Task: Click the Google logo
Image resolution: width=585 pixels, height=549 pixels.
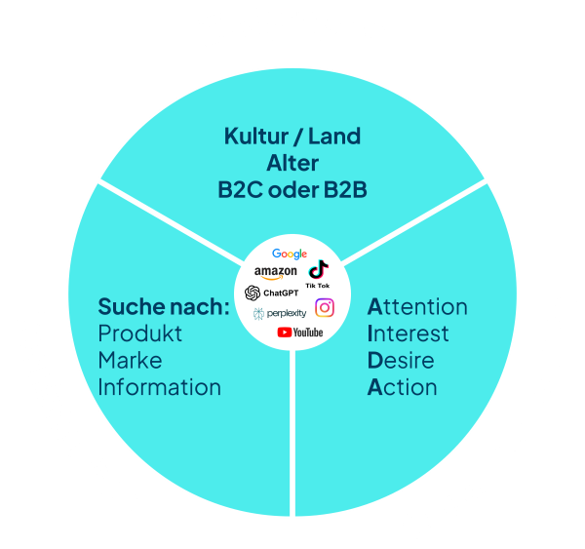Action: [290, 255]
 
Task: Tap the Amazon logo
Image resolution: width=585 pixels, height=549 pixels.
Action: [275, 272]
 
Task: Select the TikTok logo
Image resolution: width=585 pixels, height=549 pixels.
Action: [319, 272]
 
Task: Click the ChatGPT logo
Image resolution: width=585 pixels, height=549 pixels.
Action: [272, 293]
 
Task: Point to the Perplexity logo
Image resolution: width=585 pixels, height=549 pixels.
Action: [280, 313]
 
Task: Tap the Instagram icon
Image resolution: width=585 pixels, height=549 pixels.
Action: [325, 308]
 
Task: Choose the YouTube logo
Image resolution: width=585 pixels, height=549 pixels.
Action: [300, 333]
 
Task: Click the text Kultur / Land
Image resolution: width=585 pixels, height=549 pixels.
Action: [292, 137]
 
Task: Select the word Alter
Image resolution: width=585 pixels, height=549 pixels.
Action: [292, 163]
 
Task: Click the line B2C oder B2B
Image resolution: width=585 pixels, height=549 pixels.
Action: [292, 189]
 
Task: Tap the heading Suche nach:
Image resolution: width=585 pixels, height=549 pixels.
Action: [163, 307]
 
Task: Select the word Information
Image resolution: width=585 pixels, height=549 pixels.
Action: [159, 387]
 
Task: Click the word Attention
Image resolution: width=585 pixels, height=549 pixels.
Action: [417, 307]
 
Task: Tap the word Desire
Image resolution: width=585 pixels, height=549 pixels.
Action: [401, 360]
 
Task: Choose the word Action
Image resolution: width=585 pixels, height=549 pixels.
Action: [402, 387]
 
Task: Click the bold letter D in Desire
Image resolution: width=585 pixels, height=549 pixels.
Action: [375, 360]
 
